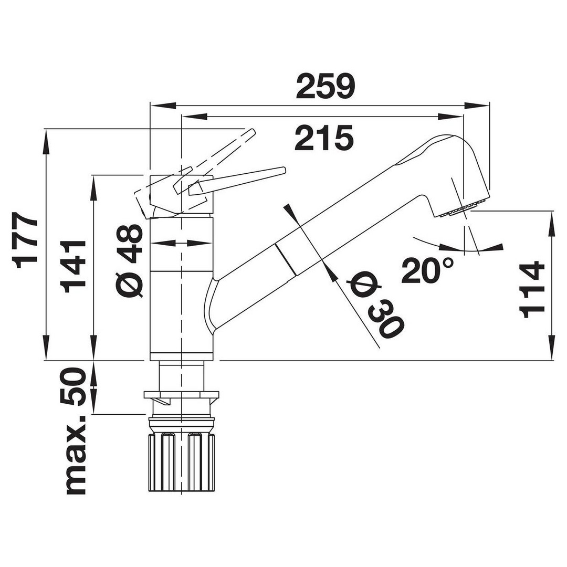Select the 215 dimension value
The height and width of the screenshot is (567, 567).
click(323, 138)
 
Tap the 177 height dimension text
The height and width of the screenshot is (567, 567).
click(25, 240)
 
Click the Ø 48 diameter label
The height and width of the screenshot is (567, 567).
click(130, 260)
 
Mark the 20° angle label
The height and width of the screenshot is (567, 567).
click(427, 271)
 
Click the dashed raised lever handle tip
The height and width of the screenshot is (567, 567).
click(251, 132)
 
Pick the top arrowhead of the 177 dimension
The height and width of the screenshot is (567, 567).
click(46, 142)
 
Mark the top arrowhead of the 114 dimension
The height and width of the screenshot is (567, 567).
click(552, 225)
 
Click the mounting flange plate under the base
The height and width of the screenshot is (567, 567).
click(181, 394)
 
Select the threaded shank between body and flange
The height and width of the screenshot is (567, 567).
click(181, 376)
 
